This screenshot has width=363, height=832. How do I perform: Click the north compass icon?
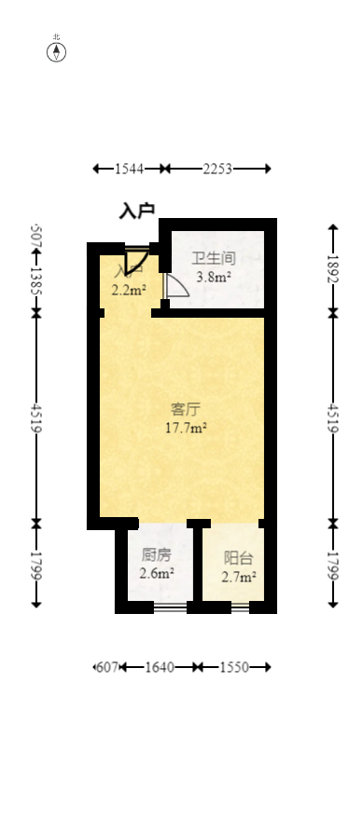click(57, 50)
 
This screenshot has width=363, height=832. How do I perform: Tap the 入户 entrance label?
click(136, 211)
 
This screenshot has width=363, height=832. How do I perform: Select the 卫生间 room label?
click(213, 258)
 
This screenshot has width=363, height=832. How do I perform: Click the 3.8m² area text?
click(213, 276)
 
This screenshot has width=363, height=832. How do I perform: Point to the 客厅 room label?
click(186, 409)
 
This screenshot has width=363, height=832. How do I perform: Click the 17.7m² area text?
click(186, 429)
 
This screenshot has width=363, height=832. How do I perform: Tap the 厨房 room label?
click(156, 554)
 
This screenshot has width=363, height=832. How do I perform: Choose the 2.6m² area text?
click(156, 573)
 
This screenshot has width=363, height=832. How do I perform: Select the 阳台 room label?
click(238, 558)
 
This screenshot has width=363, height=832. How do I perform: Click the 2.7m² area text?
click(238, 577)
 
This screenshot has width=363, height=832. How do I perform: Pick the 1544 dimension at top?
click(129, 169)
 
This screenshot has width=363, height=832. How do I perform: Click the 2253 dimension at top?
click(217, 169)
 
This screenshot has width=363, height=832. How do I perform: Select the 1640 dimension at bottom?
click(160, 667)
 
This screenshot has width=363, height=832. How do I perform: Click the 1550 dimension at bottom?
click(233, 667)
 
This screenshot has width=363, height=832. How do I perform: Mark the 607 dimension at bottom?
click(107, 667)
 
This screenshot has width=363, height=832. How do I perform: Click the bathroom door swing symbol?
click(175, 287)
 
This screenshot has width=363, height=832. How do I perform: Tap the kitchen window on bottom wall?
click(169, 607)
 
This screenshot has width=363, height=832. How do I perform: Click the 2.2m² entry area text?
click(128, 290)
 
